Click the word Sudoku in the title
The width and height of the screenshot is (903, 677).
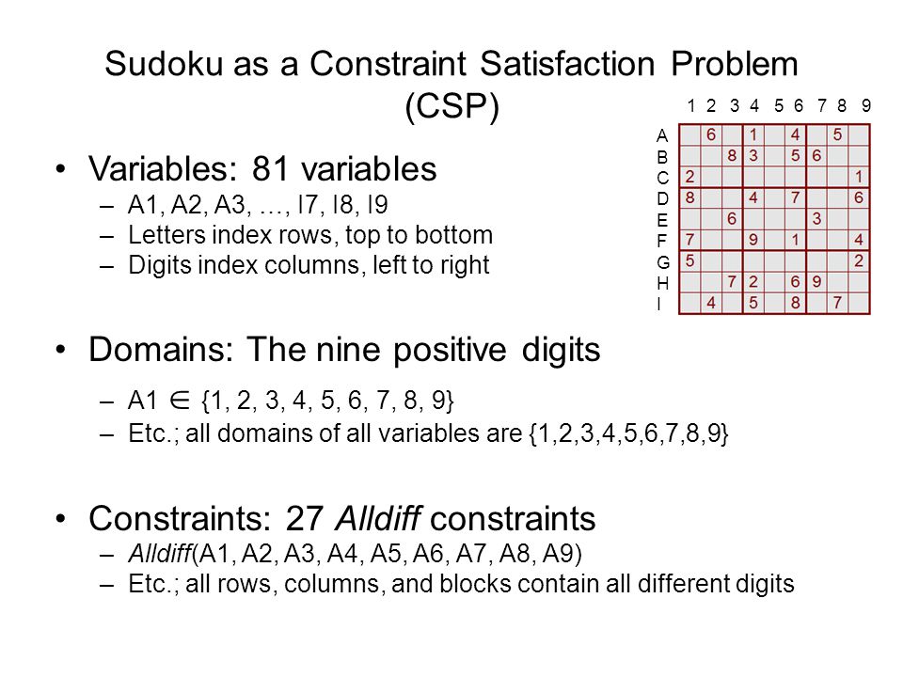coord(164,63)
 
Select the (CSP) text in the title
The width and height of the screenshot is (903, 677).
coord(452,106)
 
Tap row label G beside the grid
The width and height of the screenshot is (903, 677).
coord(663,262)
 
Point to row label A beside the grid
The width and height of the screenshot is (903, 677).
coord(662,135)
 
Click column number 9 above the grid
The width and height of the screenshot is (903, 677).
coord(866,106)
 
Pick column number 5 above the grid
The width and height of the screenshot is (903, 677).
coord(779,106)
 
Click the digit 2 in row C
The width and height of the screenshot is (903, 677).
coord(689,176)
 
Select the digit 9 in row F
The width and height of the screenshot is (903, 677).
coord(753,240)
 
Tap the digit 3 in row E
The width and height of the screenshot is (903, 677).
coord(816,219)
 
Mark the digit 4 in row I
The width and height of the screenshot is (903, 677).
coord(711,303)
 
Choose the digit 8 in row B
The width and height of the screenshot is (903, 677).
coord(732,155)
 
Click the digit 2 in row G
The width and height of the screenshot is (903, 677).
coord(859,260)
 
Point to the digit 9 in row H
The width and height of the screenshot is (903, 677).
coord(816,281)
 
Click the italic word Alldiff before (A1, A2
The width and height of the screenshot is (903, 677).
coord(160,553)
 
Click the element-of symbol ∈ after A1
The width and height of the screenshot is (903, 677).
coord(180,401)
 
